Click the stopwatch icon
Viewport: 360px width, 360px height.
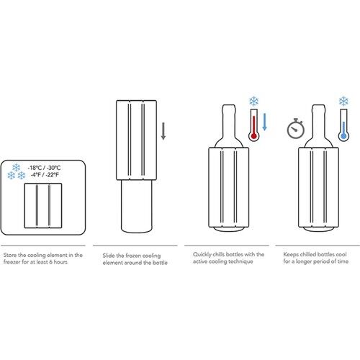[296, 129]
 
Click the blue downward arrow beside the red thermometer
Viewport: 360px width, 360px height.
[264, 122]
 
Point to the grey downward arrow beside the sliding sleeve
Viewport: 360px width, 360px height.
[163, 131]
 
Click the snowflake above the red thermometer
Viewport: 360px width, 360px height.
[253, 101]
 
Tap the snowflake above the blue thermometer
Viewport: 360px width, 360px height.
[343, 101]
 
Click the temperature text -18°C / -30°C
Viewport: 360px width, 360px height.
[44, 168]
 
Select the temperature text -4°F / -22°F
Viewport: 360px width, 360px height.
[45, 175]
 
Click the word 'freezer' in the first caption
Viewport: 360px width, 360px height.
[12, 262]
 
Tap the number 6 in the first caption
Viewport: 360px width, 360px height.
[51, 262]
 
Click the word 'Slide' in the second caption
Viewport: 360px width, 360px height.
[109, 256]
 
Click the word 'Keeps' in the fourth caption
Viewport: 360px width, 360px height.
[291, 254]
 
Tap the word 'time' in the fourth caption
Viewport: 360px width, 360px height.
[343, 261]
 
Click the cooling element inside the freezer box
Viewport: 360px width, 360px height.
[43, 206]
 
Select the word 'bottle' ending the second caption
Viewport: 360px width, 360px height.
[160, 263]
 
